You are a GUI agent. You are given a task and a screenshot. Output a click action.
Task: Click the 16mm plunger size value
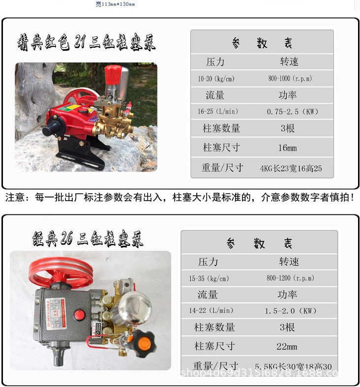coord(288,148)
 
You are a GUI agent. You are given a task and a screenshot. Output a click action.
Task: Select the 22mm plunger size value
coord(287,346)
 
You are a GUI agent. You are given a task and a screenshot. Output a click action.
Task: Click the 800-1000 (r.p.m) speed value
coord(290,79)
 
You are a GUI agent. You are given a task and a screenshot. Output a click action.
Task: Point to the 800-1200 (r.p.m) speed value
coord(290,278)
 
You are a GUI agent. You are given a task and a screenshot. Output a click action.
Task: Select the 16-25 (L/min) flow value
coord(216,112)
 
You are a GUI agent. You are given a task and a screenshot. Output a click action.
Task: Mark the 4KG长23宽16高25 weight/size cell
coord(291,168)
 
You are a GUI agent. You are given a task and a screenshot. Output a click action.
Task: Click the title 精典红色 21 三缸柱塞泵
coord(87,43)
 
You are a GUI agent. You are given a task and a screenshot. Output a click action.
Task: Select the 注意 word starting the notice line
coord(15,198)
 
